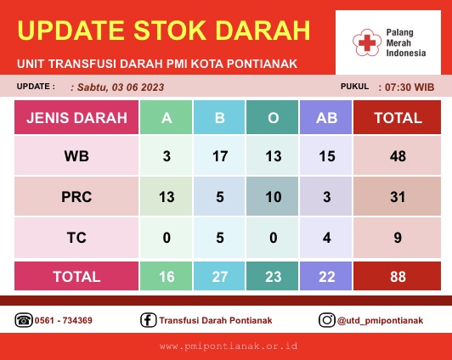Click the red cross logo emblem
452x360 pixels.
click(367, 42)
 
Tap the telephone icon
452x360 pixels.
click(24, 320)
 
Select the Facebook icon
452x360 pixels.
click(149, 320)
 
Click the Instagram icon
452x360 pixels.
click(327, 320)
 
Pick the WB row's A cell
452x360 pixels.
click(166, 155)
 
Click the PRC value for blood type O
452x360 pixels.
click(273, 196)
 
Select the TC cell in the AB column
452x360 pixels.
click(326, 238)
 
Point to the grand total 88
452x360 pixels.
click(398, 276)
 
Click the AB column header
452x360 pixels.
click(326, 117)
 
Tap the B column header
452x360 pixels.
click(219, 117)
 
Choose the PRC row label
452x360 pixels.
click(76, 196)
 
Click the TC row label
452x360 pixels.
click(76, 238)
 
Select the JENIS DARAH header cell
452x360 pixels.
click(76, 117)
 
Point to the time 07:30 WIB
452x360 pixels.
click(410, 87)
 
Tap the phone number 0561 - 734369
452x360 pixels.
click(64, 320)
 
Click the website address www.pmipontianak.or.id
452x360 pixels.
click(229, 346)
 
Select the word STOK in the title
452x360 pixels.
click(171, 31)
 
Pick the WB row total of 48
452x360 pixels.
click(398, 155)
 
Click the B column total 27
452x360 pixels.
click(219, 276)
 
